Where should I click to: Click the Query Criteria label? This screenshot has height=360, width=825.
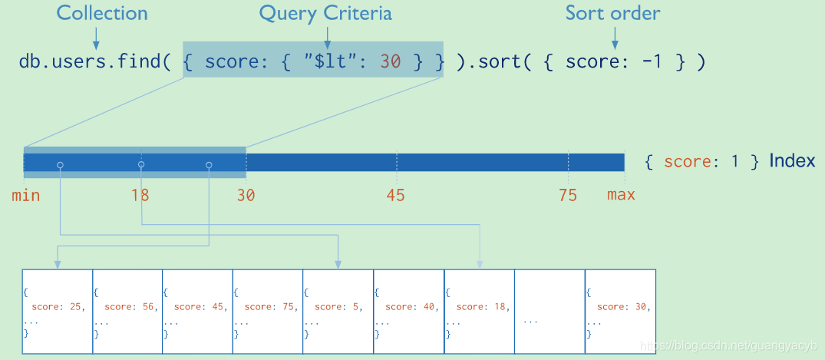click(325, 14)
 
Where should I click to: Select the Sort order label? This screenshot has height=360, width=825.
click(612, 14)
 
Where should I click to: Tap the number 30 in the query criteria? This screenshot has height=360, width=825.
click(390, 62)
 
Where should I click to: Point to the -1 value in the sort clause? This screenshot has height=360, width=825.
click(652, 62)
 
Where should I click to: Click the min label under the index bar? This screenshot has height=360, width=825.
click(25, 195)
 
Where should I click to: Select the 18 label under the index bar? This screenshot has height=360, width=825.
click(140, 195)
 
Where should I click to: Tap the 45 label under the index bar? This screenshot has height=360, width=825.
click(395, 195)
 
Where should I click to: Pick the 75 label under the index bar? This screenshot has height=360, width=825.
click(567, 195)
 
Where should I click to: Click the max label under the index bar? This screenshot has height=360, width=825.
click(621, 195)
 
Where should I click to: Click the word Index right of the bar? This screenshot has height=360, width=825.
click(792, 161)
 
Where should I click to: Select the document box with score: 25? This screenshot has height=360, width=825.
click(58, 312)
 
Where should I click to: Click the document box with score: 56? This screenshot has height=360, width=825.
click(127, 312)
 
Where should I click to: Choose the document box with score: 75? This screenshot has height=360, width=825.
click(268, 312)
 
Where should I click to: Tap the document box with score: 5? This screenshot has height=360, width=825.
click(338, 312)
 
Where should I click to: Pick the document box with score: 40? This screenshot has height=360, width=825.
click(408, 312)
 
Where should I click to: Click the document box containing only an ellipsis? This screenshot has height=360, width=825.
click(549, 312)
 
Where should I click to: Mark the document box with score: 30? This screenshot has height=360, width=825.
click(620, 312)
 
